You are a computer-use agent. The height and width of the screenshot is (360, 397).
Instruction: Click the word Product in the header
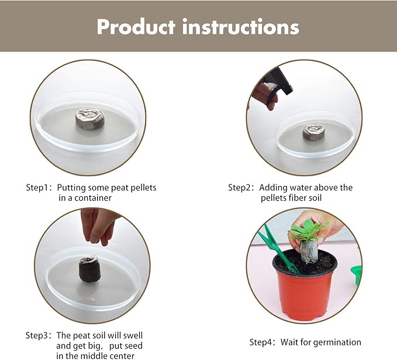[x=136, y=26]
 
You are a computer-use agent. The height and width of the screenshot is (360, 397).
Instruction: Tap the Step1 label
[x=39, y=188]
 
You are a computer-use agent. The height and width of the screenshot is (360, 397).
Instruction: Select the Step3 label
[x=39, y=335]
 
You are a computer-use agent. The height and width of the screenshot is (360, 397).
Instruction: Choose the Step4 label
[x=263, y=342]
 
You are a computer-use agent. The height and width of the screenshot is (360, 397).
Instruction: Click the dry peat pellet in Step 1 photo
[x=90, y=118]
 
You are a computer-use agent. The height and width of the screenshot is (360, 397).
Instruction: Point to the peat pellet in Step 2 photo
[x=313, y=132]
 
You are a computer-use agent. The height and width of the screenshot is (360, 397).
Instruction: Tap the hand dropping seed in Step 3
[x=97, y=225]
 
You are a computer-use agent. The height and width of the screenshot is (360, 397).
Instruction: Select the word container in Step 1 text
[x=93, y=198]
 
